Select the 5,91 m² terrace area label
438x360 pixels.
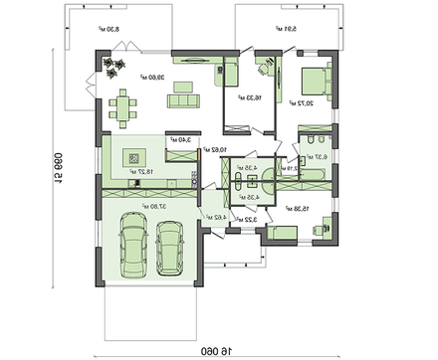[287, 30]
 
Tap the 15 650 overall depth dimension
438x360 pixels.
[46, 174]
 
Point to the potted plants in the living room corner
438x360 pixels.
[113, 67]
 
